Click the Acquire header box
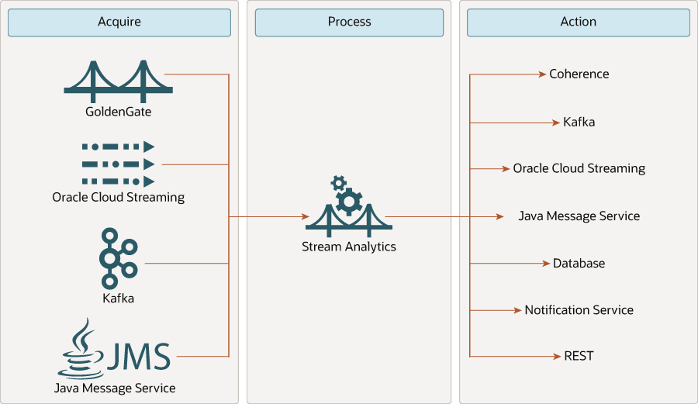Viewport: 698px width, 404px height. tap(119, 22)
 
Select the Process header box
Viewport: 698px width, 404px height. tap(349, 22)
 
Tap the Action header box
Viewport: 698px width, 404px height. tap(578, 22)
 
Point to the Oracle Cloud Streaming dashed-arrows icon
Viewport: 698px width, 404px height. tap(118, 164)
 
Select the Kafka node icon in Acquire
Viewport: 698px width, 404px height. tap(117, 258)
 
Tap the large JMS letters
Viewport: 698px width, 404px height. tap(137, 357)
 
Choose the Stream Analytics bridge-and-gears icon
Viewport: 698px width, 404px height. tap(348, 206)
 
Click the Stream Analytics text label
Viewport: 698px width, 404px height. tap(349, 247)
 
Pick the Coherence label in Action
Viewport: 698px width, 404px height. tap(579, 74)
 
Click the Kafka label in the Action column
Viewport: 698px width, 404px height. tap(579, 123)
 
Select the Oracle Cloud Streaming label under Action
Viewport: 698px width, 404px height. tap(579, 168)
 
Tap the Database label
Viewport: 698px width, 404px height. tap(579, 264)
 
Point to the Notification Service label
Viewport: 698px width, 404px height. tap(579, 310)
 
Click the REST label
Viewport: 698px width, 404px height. tap(579, 356)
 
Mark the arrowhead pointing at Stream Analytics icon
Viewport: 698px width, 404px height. tap(304, 217)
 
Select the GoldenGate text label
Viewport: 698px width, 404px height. tap(118, 112)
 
